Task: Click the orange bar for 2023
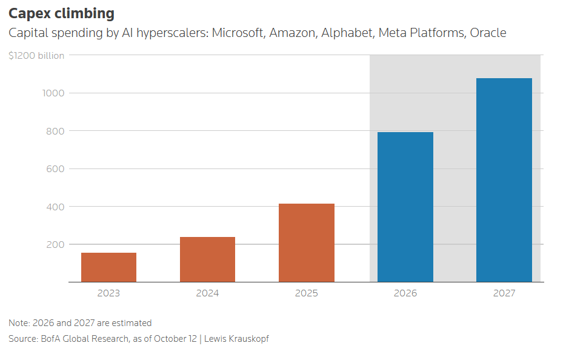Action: coord(108,267)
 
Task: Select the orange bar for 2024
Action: coord(208,259)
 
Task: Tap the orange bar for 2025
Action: coord(307,242)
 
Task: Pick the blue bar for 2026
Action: coord(405,207)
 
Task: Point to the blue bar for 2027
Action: coord(504,180)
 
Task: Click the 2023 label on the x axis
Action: coord(108,293)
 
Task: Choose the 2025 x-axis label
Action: coord(307,293)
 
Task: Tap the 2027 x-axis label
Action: coord(504,293)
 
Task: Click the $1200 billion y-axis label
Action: coord(36,56)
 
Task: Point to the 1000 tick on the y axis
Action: coord(53,93)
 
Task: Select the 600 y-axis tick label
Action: coord(55,169)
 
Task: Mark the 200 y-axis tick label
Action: coord(55,245)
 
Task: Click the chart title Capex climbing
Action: coord(61,14)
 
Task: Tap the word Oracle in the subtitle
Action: coord(488,33)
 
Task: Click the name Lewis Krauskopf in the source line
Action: coord(236,339)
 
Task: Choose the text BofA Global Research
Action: coord(85,339)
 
